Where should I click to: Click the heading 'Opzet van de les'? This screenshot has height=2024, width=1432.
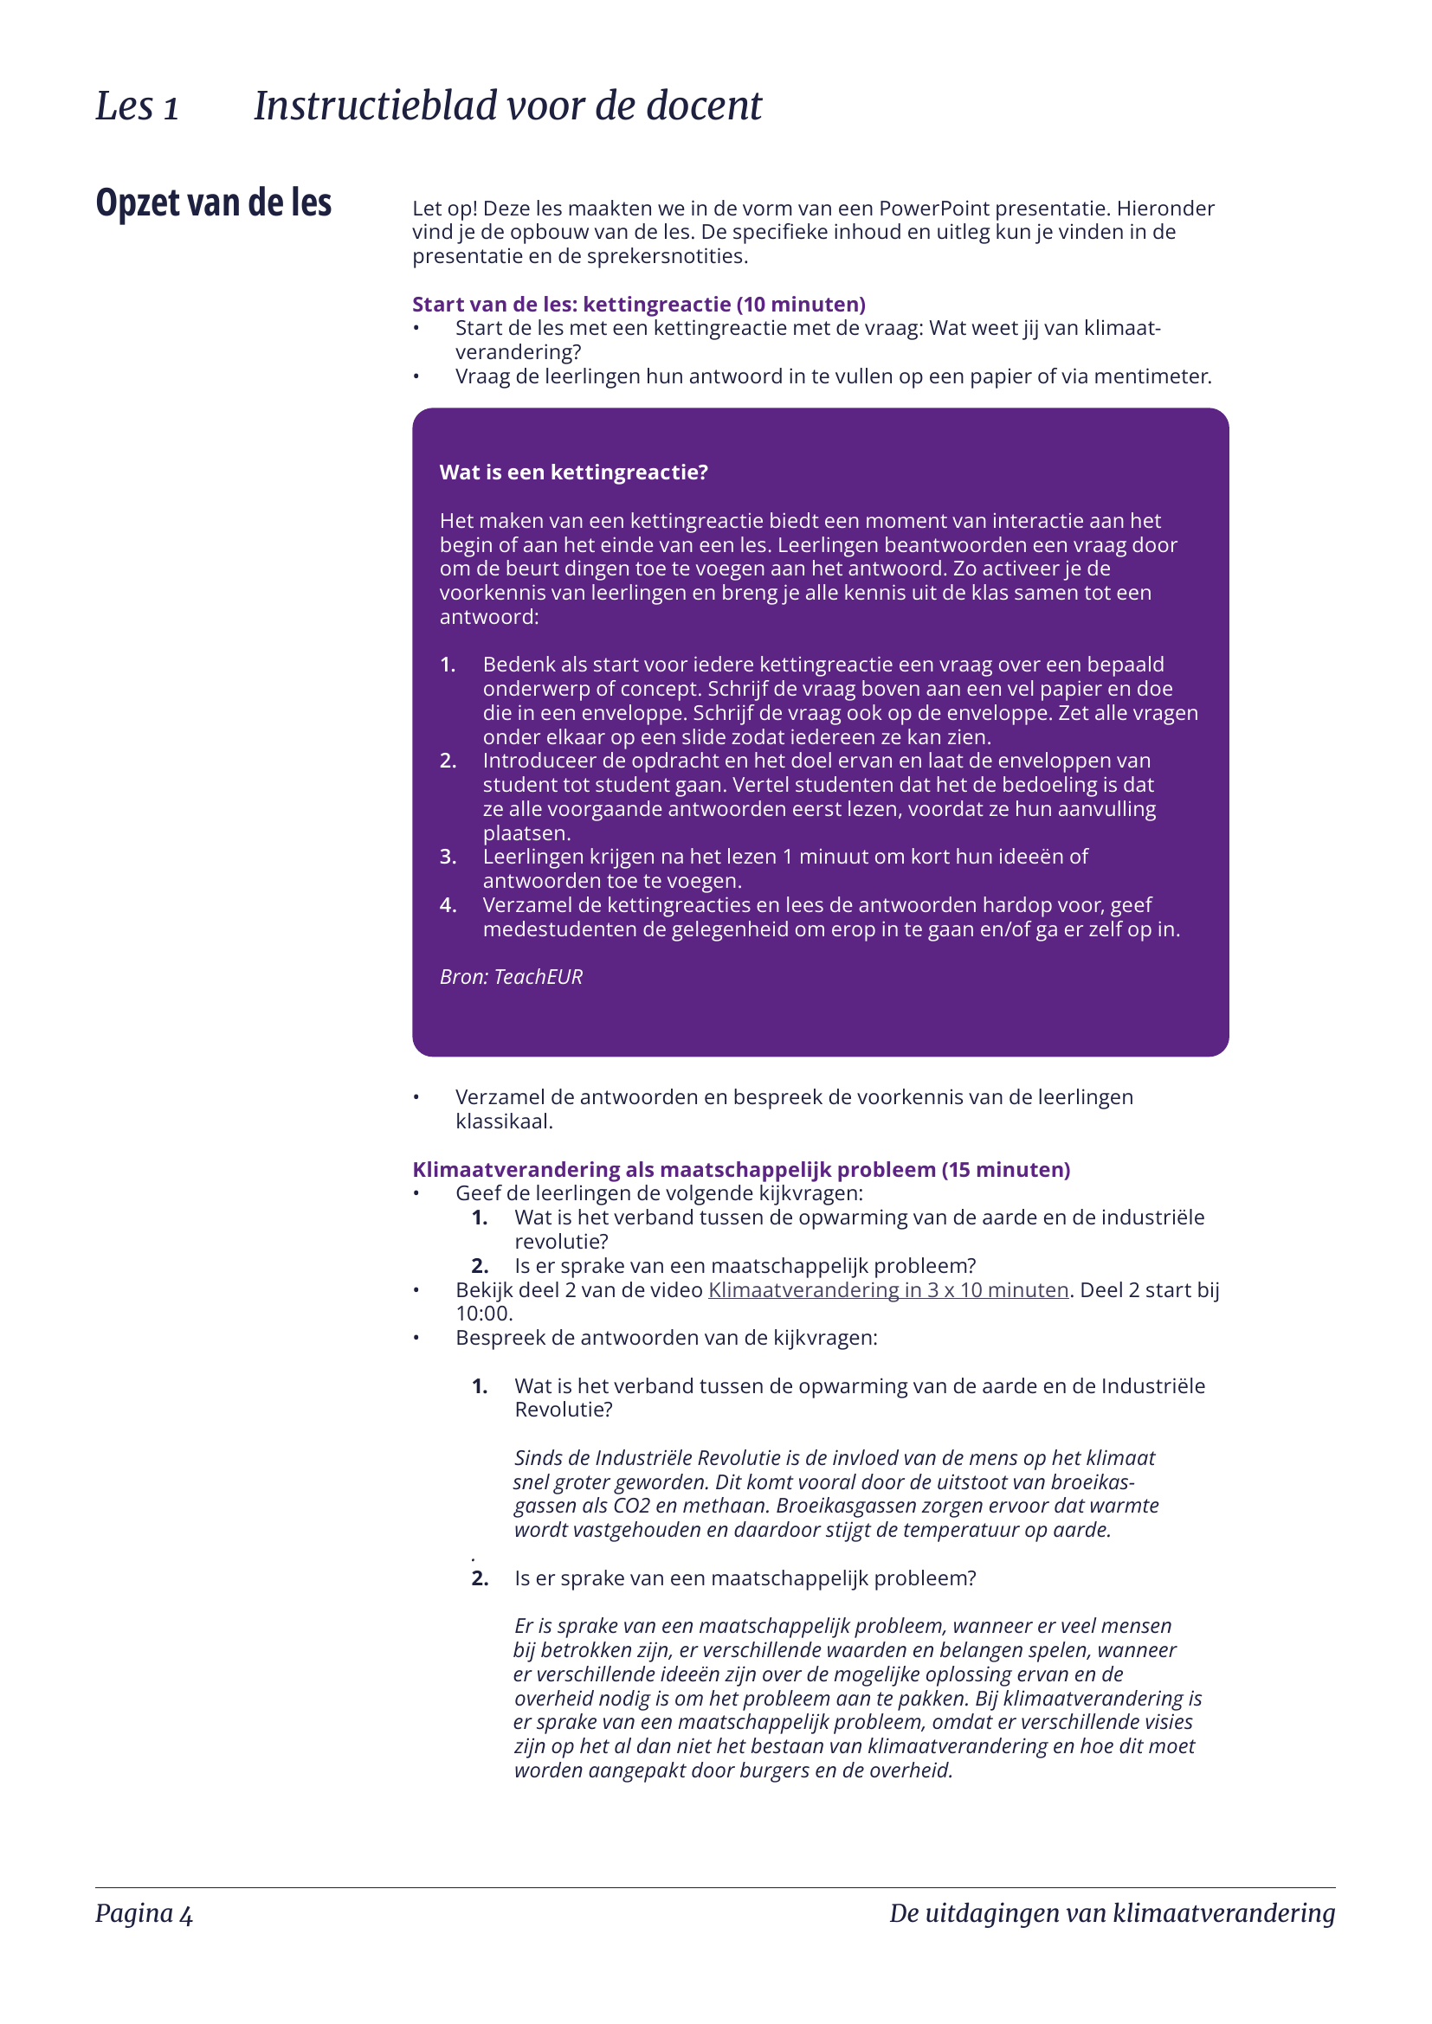point(213,202)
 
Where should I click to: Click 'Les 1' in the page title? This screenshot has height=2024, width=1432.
point(137,106)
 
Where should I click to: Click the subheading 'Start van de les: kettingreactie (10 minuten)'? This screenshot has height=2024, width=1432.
point(638,304)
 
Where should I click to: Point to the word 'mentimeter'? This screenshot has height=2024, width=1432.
point(1151,376)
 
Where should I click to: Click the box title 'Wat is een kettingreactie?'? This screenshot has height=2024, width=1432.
point(573,472)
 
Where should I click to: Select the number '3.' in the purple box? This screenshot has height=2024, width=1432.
point(448,857)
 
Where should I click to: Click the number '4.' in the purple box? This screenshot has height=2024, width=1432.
point(448,905)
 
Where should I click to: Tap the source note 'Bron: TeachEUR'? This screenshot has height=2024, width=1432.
point(511,977)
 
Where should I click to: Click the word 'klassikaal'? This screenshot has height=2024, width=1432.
point(503,1121)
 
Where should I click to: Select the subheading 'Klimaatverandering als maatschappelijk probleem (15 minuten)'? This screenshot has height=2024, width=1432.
point(741,1170)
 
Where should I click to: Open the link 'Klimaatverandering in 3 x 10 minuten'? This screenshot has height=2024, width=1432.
point(888,1290)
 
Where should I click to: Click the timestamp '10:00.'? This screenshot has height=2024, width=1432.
point(484,1314)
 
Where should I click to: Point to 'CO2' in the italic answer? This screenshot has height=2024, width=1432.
point(631,1506)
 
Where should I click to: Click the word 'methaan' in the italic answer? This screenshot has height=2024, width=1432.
point(723,1506)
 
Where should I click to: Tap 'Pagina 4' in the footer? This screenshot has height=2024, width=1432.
point(144,1914)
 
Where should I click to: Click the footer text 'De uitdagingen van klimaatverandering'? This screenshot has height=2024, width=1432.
point(1111,1914)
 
